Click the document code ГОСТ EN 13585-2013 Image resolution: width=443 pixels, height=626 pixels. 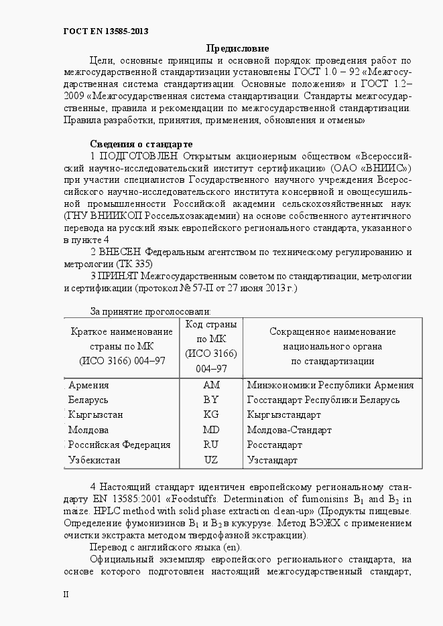coord(106,31)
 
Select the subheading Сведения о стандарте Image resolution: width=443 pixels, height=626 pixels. coord(141,144)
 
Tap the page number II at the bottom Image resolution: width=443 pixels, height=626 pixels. coord(66,594)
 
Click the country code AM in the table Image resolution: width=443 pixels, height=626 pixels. coord(211,385)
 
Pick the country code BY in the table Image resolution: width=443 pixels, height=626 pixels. coord(211,400)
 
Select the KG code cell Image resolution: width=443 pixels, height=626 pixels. coord(211,414)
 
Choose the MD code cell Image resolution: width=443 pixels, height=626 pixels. coord(211,430)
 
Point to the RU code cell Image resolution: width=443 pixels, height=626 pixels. coord(211,445)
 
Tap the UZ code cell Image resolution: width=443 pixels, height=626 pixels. coord(211,460)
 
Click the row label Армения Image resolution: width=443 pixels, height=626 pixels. coord(88,385)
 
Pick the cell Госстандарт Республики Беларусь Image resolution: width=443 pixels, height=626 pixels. coord(323,400)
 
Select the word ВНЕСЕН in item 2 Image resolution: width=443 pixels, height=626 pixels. coord(121,252)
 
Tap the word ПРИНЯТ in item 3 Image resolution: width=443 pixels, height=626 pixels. coord(118,276)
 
